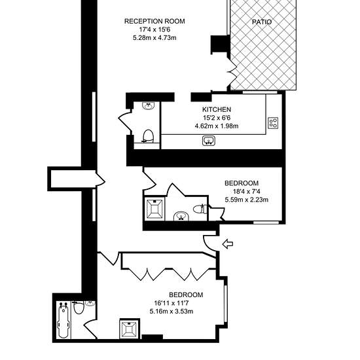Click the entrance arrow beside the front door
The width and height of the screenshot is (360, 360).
point(228,243)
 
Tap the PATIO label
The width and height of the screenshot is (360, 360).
point(262,22)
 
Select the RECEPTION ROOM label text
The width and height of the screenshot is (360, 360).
point(154,21)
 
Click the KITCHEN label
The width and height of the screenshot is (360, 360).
point(217,109)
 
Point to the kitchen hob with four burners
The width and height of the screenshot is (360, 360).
point(273,122)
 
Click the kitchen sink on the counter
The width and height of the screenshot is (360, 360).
point(209,141)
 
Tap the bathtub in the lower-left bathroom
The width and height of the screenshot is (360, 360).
point(63,320)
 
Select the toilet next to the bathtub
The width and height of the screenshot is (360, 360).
point(79,308)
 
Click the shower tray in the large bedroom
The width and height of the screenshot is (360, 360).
point(130,329)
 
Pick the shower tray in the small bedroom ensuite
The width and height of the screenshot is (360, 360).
point(154,209)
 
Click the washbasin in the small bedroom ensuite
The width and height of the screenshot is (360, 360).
point(181,216)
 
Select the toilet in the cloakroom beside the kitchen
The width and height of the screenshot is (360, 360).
point(148,136)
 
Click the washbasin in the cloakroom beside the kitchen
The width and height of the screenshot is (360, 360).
point(148,105)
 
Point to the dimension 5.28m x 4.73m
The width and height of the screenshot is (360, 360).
point(154,38)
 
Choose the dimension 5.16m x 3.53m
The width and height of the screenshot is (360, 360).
point(171,312)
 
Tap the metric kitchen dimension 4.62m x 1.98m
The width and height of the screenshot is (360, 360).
point(217,126)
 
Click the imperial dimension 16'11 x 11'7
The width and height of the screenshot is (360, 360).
point(171,303)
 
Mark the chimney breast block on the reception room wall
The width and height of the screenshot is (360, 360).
point(219,45)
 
